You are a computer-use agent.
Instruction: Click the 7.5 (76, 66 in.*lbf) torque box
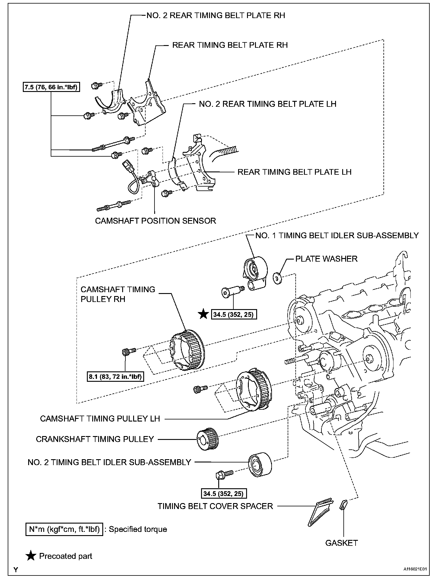tap(51, 87)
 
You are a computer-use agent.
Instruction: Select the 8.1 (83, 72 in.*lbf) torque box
tap(115, 377)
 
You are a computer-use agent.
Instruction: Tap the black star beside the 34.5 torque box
tap(203, 314)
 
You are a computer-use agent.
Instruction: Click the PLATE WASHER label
tap(326, 259)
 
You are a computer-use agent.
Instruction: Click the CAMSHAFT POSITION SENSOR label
tap(155, 221)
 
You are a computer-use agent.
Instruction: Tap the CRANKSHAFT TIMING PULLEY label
tap(95, 439)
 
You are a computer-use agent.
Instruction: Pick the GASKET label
tap(341, 543)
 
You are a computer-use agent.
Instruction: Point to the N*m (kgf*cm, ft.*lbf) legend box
tap(64, 529)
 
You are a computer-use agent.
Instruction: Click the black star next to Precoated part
tap(31, 556)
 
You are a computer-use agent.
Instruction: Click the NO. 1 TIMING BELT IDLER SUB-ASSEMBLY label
tap(337, 235)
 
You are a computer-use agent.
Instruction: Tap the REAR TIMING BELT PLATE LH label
tap(294, 172)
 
